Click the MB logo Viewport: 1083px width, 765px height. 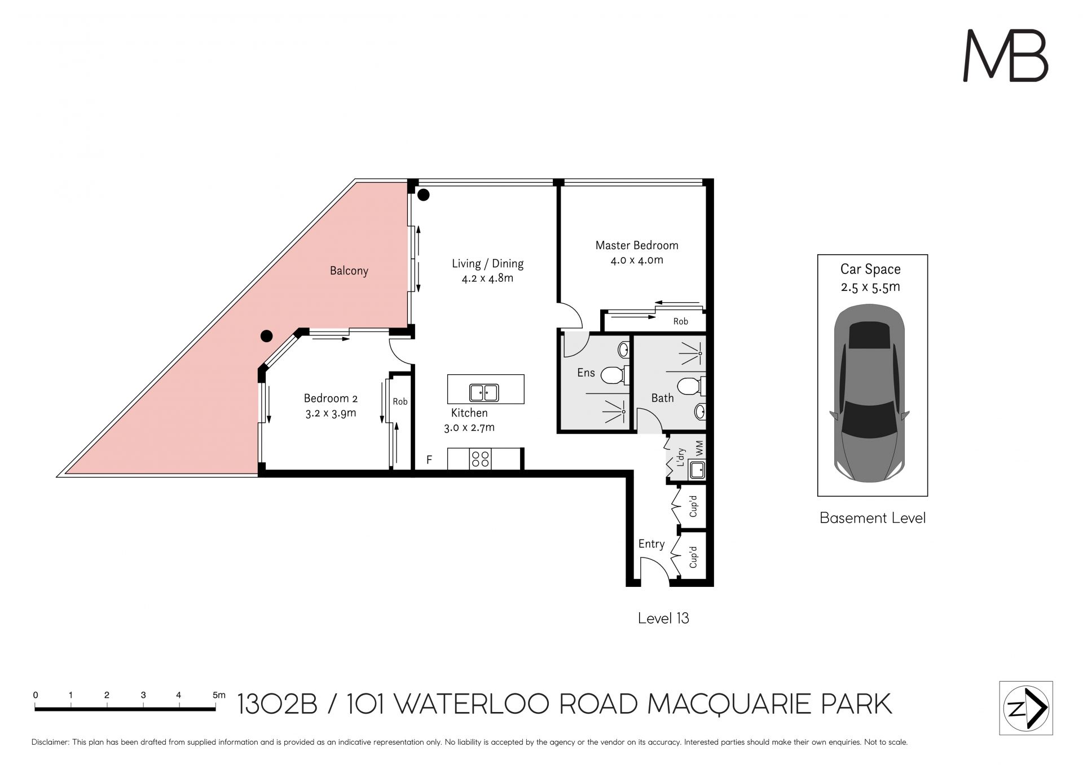coord(1005,55)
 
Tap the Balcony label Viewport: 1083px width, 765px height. coord(349,271)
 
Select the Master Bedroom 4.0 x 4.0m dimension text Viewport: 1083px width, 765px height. coord(637,260)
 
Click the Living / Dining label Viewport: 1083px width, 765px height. coord(487,263)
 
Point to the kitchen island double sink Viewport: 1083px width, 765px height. coord(484,392)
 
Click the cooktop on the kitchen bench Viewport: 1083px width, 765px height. coord(480,459)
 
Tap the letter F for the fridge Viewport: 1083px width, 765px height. coord(429,460)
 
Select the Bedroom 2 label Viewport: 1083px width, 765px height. coord(331,398)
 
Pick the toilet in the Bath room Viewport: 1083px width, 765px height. coord(690,387)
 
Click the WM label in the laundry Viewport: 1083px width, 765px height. coord(699,448)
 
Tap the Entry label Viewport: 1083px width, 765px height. coord(651,544)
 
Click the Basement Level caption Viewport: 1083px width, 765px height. coord(873,518)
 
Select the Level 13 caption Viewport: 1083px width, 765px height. coord(663,618)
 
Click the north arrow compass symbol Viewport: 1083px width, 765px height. coord(1026,708)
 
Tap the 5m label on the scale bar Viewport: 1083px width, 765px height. coord(219,695)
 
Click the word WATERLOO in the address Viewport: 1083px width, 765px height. coord(471,704)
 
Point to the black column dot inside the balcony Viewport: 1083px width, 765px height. coord(266,336)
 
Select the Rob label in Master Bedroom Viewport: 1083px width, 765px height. coord(680,321)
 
